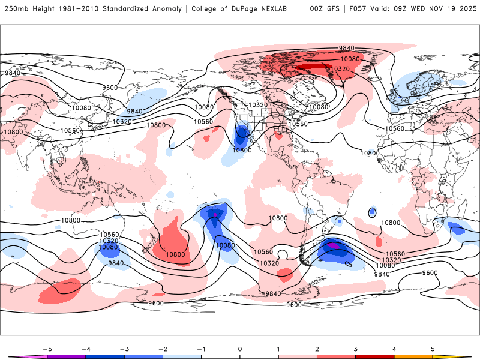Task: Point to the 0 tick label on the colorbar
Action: tap(240, 348)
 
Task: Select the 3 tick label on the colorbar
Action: tap(355, 348)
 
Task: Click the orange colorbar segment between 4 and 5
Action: tap(413, 356)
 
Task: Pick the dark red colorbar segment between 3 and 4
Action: tap(374, 356)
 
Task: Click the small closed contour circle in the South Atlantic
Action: tap(373, 212)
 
